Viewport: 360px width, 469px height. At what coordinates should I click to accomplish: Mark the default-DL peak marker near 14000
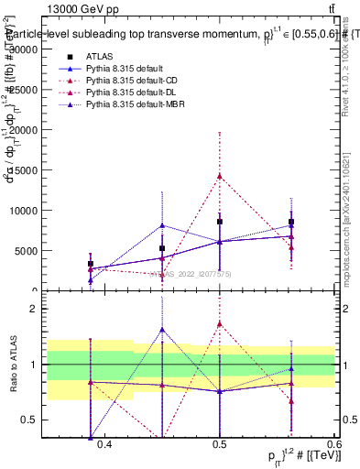click(220, 176)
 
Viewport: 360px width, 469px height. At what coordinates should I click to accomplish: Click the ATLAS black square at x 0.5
click(220, 222)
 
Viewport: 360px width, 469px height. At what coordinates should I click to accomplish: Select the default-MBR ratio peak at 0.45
click(162, 330)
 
